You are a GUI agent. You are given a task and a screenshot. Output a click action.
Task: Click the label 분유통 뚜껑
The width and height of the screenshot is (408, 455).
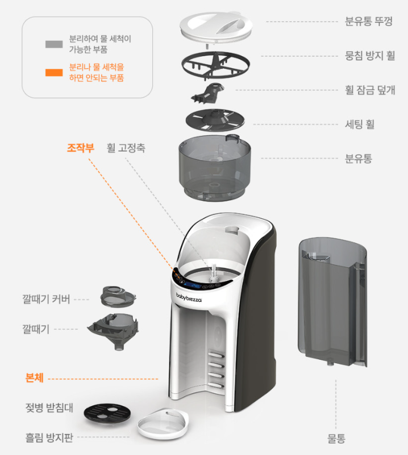pyautogui.click(x=369, y=23)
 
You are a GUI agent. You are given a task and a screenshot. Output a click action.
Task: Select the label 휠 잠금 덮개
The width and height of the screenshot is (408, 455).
pyautogui.click(x=370, y=90)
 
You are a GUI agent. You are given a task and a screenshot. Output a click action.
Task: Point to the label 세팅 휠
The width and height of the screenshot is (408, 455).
pyautogui.click(x=360, y=124)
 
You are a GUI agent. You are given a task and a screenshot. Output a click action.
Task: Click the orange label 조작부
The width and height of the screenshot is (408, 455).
pyautogui.click(x=81, y=148)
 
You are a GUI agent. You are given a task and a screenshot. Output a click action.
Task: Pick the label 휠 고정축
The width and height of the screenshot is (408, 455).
pyautogui.click(x=126, y=148)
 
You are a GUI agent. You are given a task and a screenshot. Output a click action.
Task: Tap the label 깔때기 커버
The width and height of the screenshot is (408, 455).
pyautogui.click(x=47, y=298)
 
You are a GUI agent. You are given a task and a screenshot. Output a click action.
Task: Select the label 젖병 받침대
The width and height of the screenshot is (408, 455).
pyautogui.click(x=47, y=408)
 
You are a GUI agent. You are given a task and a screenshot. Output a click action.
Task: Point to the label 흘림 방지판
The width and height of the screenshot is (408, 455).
pyautogui.click(x=49, y=437)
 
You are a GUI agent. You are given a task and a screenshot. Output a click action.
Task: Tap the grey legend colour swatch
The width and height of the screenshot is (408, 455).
pyautogui.click(x=54, y=44)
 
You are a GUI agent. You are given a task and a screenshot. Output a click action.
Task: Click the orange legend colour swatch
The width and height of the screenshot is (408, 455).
pyautogui.click(x=54, y=72)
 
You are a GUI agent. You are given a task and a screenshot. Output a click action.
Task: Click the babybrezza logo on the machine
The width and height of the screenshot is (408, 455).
pyautogui.click(x=189, y=296)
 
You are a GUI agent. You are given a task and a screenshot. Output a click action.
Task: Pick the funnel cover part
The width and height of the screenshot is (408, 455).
pyautogui.click(x=118, y=295)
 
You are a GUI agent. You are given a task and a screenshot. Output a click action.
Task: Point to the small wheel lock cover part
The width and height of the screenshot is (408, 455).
pyautogui.click(x=209, y=92)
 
